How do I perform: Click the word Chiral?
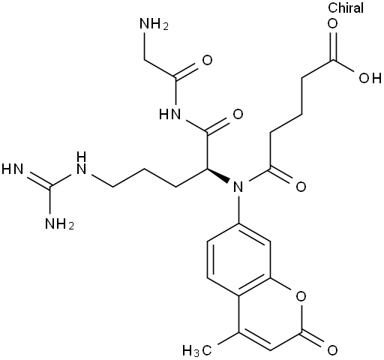[346, 7]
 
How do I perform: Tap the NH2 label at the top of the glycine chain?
[154, 24]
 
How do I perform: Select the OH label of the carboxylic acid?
[370, 78]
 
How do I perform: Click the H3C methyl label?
[197, 350]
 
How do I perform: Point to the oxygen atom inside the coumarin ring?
[301, 296]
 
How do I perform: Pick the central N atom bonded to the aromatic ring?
[238, 187]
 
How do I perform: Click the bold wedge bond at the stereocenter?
[218, 175]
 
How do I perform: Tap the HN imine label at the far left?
[13, 169]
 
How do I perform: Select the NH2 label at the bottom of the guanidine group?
[59, 223]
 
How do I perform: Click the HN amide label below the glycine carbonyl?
[170, 115]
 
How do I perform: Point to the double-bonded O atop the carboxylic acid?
[333, 24]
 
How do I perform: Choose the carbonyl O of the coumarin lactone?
[332, 350]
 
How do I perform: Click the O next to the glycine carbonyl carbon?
[207, 60]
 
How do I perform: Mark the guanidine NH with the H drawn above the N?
[81, 163]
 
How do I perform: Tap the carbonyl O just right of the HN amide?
[238, 115]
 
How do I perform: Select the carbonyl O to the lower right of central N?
[301, 187]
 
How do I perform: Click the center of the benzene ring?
[238, 259]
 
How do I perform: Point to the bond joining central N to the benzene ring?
[238, 208]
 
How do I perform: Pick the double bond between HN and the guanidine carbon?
[38, 178]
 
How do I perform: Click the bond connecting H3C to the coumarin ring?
[229, 338]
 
